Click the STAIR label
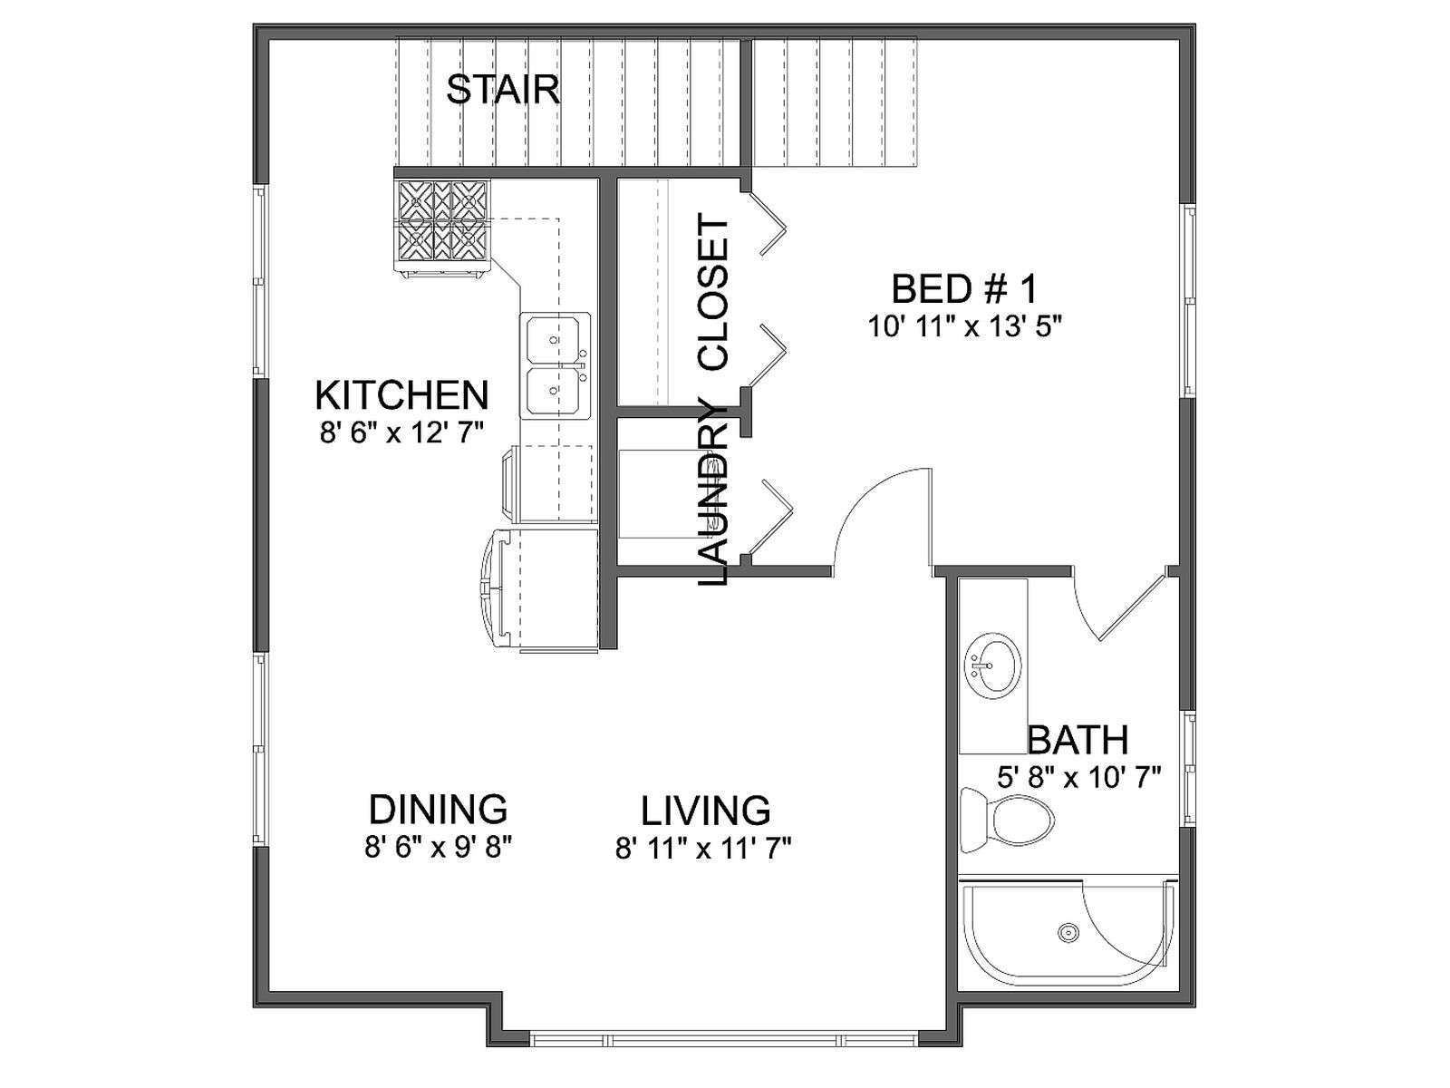pos(503,90)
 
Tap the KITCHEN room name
pos(401,395)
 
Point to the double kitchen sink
pos(555,365)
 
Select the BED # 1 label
pos(964,288)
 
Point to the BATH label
pos(1078,739)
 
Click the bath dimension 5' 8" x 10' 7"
pos(1078,778)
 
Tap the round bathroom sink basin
pos(993,665)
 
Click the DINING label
pos(438,810)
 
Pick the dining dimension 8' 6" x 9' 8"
pos(439,848)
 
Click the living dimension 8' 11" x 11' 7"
pos(703,849)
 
